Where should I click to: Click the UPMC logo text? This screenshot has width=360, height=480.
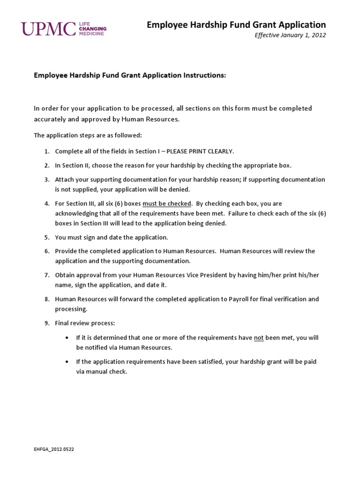48,29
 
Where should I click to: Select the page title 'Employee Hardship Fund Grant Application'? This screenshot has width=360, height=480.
236,25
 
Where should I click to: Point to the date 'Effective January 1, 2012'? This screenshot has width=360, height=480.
290,35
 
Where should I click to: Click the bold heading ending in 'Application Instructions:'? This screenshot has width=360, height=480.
130,75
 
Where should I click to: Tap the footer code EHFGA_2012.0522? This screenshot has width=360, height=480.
54,449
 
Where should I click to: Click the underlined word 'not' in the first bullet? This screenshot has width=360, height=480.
259,337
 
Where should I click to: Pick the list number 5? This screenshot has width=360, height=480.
47,237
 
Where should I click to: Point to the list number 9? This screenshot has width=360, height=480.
47,323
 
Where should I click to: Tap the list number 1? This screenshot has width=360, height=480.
47,151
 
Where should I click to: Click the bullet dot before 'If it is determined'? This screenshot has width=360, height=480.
67,337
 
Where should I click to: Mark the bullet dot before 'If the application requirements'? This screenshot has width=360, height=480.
67,362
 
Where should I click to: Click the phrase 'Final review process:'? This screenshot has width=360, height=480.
84,323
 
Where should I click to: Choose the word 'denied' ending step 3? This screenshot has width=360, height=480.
180,189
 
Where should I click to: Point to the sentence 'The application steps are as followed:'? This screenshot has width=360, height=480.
87,135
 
